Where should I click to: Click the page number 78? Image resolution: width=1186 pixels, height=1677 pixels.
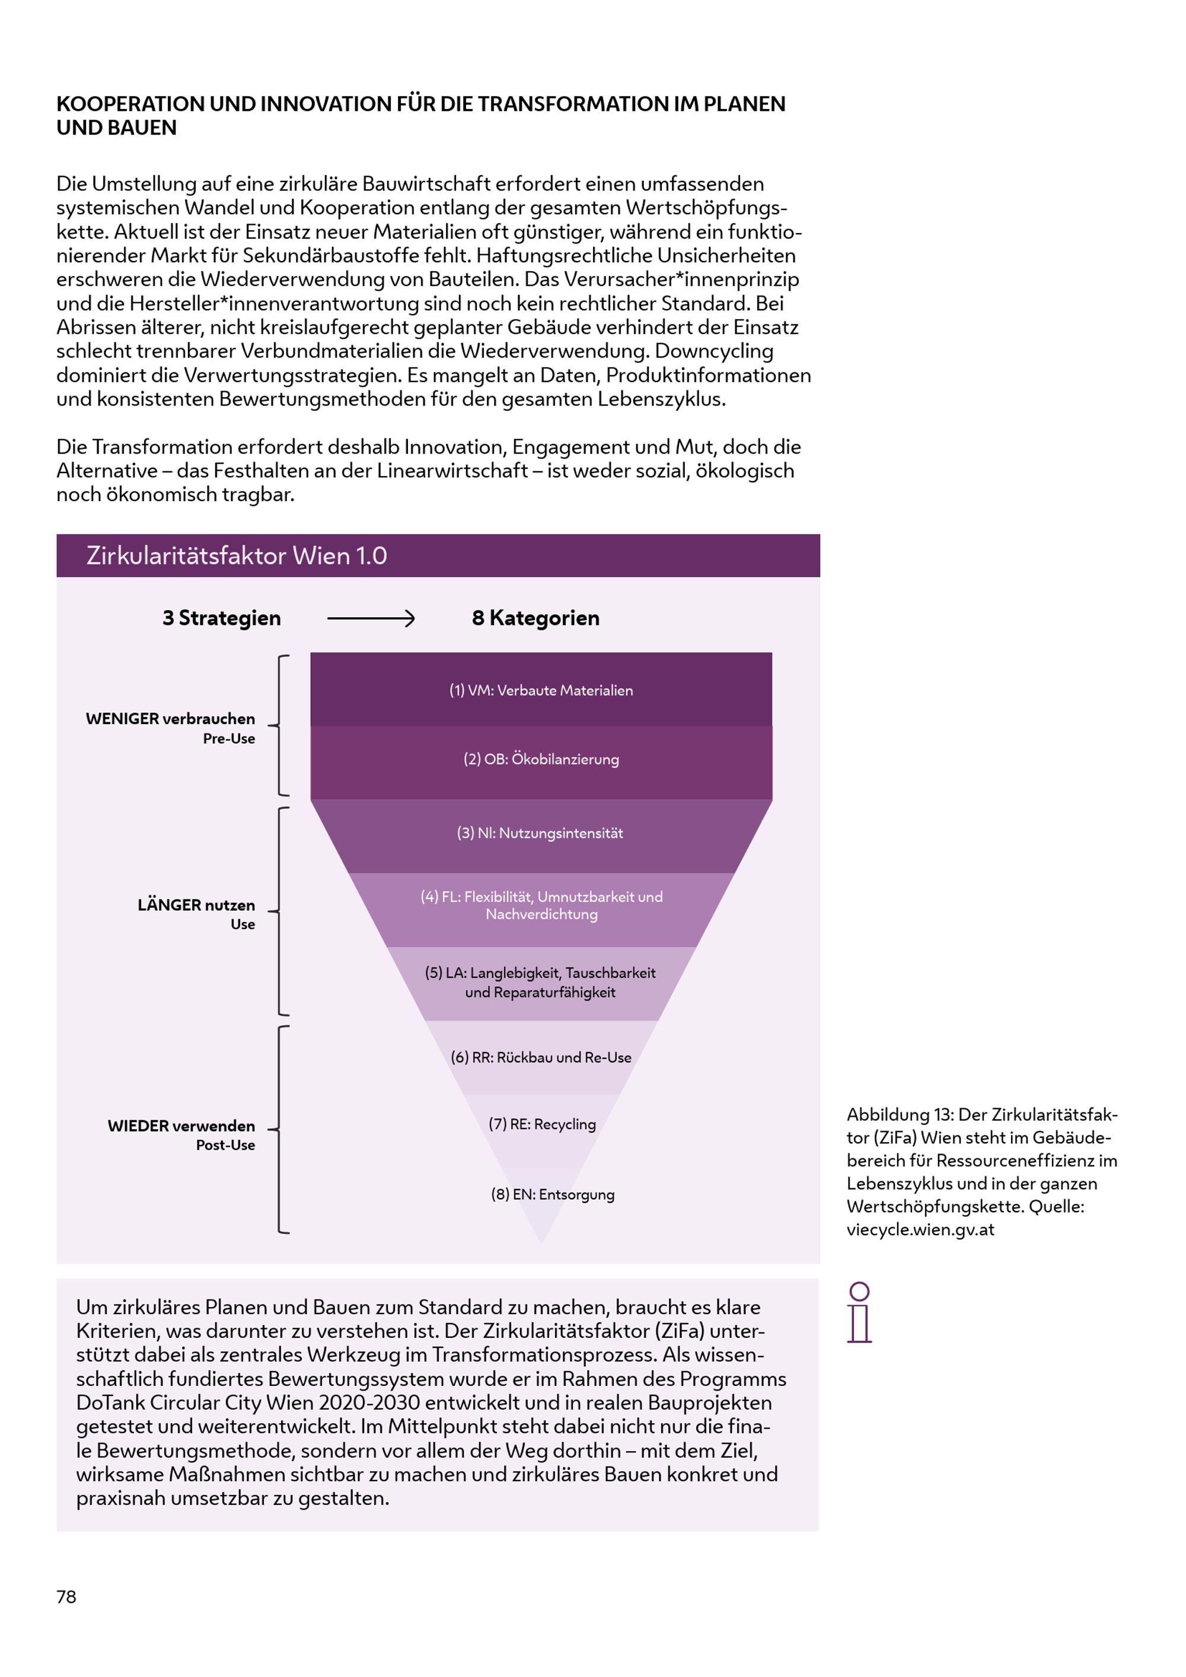66,1597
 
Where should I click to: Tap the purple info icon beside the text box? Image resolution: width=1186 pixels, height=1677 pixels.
860,1312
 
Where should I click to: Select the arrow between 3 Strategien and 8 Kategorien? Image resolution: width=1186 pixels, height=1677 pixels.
371,618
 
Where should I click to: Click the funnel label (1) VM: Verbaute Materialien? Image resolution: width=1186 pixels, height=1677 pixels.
541,690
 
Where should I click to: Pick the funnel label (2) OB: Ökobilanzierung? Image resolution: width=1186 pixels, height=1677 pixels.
541,759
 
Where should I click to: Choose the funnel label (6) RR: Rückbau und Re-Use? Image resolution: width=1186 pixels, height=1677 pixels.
541,1057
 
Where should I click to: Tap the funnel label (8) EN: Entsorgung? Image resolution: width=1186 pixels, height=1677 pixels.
553,1194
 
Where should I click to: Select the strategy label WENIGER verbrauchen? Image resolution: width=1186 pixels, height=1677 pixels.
170,719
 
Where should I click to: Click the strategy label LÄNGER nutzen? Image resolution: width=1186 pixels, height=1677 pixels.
196,905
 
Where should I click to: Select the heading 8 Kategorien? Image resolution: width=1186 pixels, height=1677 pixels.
535,618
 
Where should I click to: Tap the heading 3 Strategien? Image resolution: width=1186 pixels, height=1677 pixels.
221,618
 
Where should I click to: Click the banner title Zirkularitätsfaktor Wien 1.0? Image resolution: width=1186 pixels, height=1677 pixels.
237,556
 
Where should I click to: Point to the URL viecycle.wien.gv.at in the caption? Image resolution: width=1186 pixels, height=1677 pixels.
920,1229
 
